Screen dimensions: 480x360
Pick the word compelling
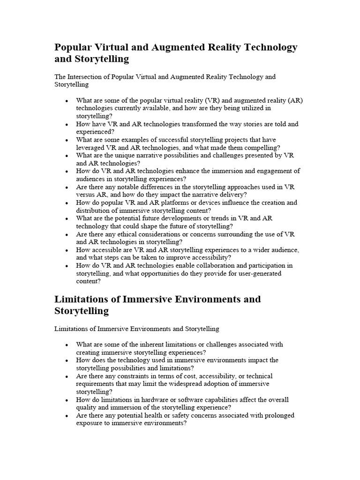click(x=256, y=148)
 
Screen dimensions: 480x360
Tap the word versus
click(x=87, y=195)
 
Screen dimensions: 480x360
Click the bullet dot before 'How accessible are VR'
click(x=67, y=250)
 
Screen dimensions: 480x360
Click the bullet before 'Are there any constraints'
click(x=67, y=376)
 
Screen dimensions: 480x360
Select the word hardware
click(x=148, y=399)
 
